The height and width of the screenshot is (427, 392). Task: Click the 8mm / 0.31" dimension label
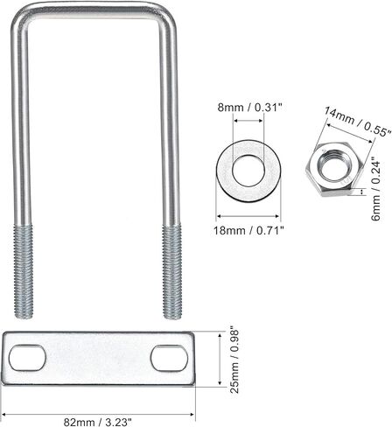click(250, 108)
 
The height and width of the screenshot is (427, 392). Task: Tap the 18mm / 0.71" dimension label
click(248, 231)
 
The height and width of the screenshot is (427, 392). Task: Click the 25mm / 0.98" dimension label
click(234, 361)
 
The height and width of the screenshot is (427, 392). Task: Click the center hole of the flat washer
click(248, 171)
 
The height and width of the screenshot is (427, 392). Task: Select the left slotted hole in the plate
click(27, 358)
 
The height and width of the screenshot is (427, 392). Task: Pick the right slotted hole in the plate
click(169, 358)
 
